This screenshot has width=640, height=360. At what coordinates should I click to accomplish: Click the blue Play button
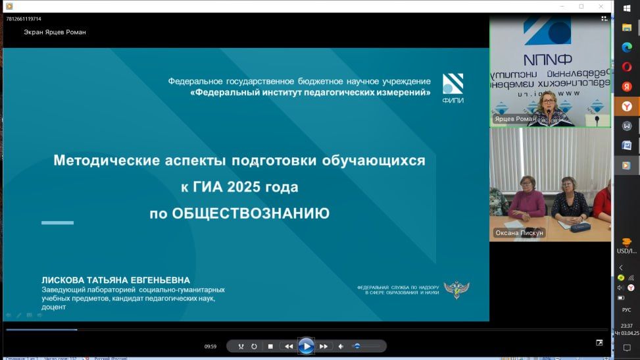click(306, 346)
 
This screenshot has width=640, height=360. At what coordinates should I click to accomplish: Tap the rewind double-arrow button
click(288, 346)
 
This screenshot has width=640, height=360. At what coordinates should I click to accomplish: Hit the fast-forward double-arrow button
click(324, 346)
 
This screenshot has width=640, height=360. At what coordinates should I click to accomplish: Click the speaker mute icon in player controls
click(341, 346)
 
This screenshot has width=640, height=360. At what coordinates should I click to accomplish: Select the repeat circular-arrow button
click(254, 346)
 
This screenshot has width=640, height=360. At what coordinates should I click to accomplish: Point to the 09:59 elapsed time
click(210, 346)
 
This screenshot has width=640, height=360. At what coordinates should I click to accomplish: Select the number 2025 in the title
click(245, 187)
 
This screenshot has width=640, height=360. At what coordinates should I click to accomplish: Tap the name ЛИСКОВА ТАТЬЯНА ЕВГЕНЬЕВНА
click(116, 280)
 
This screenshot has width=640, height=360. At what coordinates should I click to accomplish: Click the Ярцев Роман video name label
click(514, 119)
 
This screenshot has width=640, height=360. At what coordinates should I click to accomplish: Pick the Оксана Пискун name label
click(519, 233)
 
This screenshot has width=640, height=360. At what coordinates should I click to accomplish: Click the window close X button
click(601, 6)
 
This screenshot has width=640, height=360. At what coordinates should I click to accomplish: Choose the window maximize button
click(581, 6)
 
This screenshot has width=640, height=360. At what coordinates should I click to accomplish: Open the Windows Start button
click(627, 9)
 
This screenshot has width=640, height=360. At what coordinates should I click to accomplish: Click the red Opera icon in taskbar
click(627, 66)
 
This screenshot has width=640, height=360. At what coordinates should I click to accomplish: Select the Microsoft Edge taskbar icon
click(627, 47)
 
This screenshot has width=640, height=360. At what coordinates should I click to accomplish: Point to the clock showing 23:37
click(626, 325)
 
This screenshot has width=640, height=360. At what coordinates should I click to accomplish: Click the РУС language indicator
click(626, 309)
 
